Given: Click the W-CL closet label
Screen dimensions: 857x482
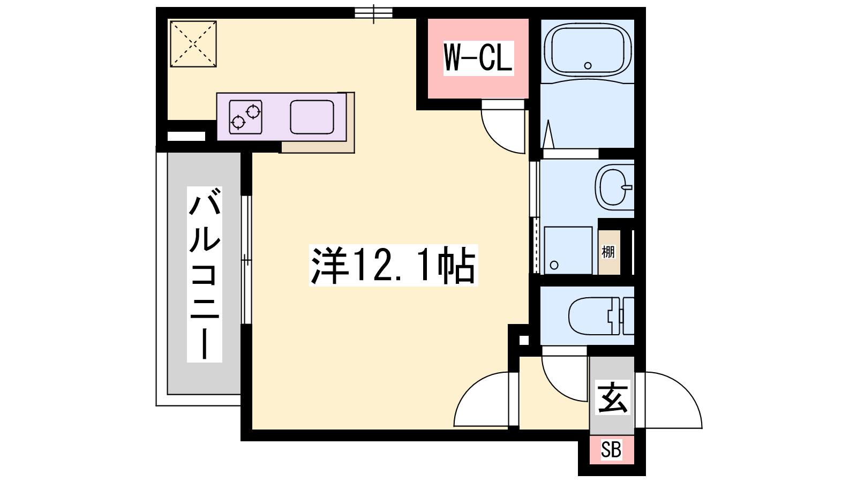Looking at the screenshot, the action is click(x=478, y=58).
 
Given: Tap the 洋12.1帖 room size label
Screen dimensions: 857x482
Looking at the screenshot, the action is click(x=393, y=265).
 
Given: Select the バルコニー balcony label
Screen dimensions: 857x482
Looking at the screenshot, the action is click(x=204, y=274).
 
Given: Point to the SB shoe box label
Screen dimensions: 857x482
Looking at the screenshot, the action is click(x=611, y=449).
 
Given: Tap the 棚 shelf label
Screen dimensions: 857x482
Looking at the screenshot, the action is click(x=608, y=252).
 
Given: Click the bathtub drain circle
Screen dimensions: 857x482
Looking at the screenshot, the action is click(x=588, y=65).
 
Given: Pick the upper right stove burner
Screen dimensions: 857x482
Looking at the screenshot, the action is click(x=253, y=112).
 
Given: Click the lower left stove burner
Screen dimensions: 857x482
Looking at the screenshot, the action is click(x=238, y=122).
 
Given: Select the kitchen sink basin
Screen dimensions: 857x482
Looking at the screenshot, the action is click(x=312, y=117).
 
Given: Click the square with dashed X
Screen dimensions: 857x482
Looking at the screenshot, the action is click(x=193, y=44).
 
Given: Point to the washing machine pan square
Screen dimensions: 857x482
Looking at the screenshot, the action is click(x=568, y=251).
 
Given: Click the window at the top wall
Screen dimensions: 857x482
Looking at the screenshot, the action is click(x=373, y=13).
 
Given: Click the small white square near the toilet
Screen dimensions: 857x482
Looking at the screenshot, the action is click(x=524, y=340).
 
